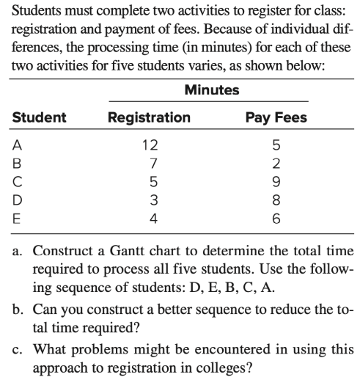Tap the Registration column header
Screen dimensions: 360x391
[149, 117]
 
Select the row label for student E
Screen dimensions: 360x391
[16, 217]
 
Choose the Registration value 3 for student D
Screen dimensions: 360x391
[149, 199]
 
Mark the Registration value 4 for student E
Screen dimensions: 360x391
[149, 217]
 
